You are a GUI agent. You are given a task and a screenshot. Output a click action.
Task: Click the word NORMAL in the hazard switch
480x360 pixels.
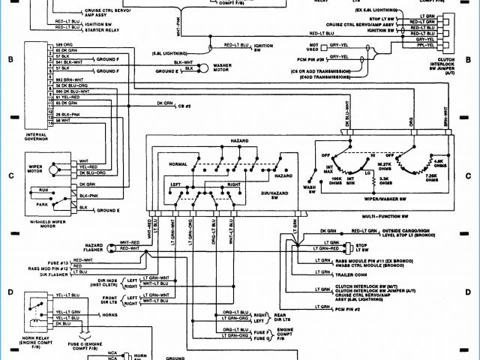(x=178, y=163)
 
